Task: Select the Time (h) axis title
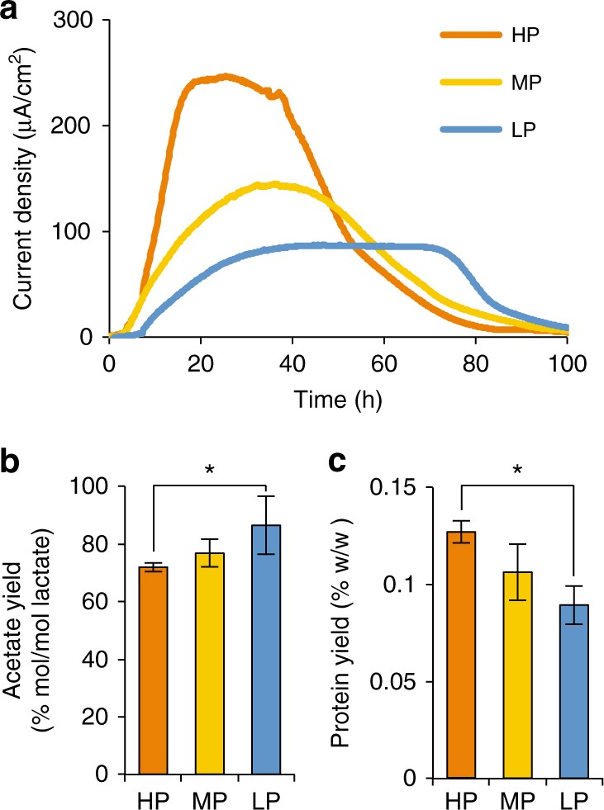coord(337,400)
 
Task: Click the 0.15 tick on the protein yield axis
coord(408,487)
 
